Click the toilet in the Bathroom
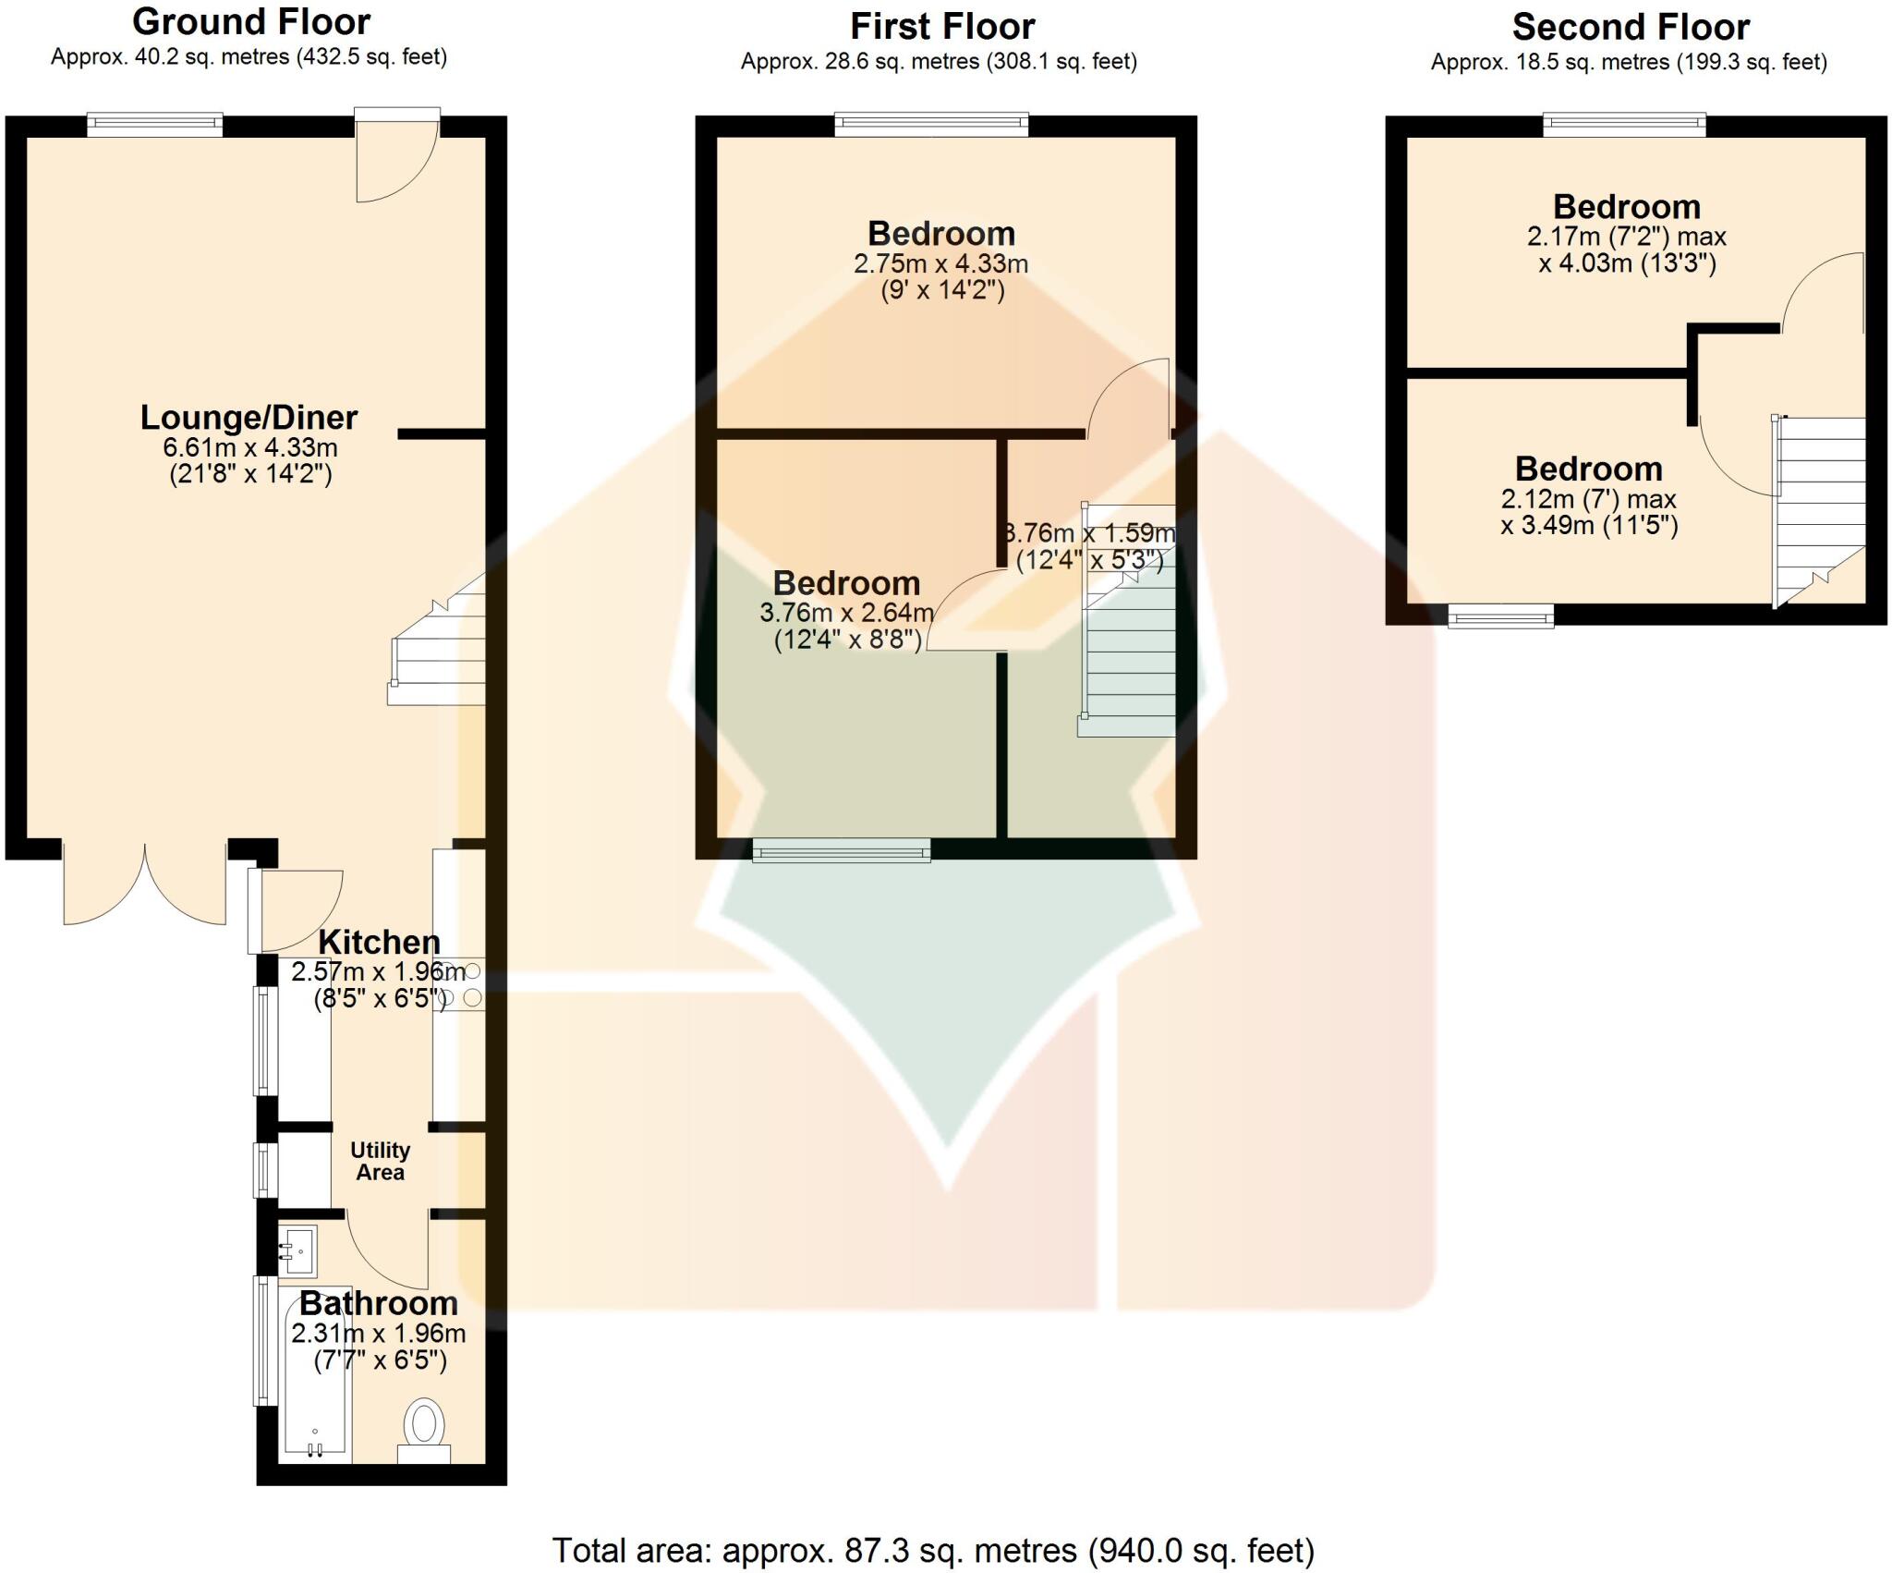point(424,1428)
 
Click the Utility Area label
point(380,1162)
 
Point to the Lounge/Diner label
point(249,418)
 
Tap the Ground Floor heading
point(250,21)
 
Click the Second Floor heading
point(1630,27)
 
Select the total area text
point(933,1550)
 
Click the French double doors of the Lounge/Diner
point(145,883)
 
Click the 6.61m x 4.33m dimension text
point(249,448)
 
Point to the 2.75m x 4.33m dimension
point(940,263)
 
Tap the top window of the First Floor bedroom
point(931,124)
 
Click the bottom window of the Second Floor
point(1500,616)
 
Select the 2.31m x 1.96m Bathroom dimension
point(379,1334)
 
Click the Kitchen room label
point(379,942)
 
